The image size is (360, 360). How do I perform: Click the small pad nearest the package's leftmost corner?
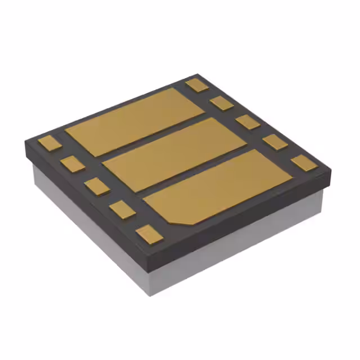pyautogui.click(x=49, y=143)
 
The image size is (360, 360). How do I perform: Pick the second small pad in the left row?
pyautogui.click(x=73, y=164)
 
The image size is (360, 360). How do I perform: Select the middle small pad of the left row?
pyautogui.click(x=97, y=186)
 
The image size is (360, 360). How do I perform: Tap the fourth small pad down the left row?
pyautogui.click(x=121, y=209)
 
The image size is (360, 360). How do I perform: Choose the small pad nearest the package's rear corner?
pyautogui.click(x=197, y=85)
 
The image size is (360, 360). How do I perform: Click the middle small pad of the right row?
pyautogui.click(x=247, y=121)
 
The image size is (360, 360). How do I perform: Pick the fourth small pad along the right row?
pyautogui.click(x=275, y=142)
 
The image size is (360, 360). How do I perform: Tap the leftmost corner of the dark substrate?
pyautogui.click(x=24, y=145)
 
